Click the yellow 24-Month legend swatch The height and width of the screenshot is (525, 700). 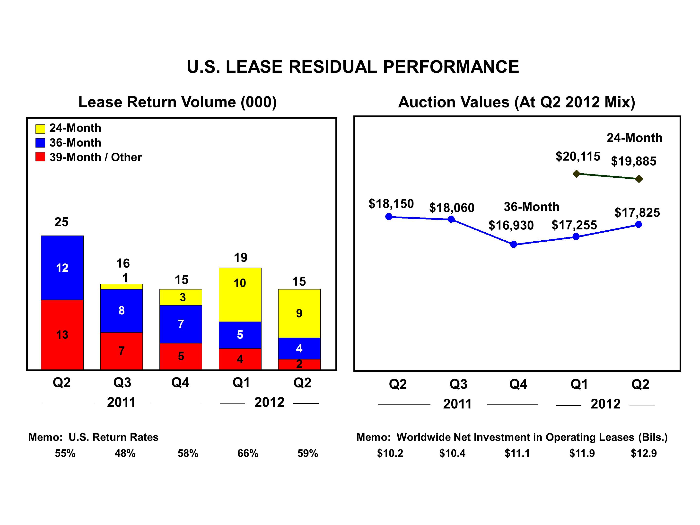[x=40, y=129]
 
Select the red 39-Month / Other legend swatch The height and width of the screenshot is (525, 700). [x=40, y=157]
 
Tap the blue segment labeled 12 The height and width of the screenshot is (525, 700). [x=62, y=268]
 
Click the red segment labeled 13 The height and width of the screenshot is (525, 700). [x=62, y=334]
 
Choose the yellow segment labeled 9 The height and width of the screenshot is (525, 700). [x=299, y=313]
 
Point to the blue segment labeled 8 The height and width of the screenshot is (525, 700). [x=122, y=310]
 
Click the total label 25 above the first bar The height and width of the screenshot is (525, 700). [x=61, y=222]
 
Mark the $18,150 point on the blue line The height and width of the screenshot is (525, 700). [x=389, y=217]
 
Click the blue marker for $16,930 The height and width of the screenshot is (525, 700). [x=514, y=244]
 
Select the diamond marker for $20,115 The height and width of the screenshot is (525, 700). [x=576, y=173]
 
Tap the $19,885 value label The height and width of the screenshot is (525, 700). [x=634, y=161]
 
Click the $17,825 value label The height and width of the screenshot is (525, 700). [x=637, y=212]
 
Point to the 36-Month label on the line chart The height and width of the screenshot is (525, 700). [x=531, y=207]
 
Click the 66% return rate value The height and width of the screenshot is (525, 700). [x=248, y=453]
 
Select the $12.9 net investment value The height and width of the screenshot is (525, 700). [x=644, y=453]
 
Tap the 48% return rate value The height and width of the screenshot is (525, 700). [x=125, y=453]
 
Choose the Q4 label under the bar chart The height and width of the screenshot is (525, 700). [x=180, y=383]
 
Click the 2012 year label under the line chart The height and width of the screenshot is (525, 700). [x=605, y=404]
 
